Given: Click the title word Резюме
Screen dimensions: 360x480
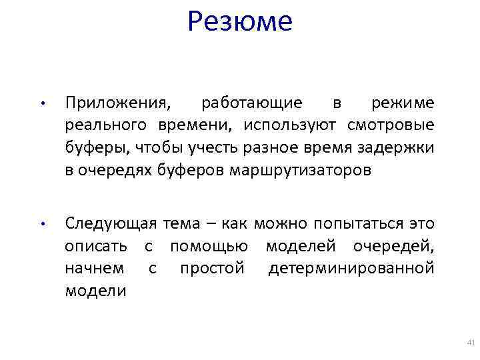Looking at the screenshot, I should click(x=240, y=21).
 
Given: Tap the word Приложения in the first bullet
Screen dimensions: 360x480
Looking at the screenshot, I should click(x=117, y=103).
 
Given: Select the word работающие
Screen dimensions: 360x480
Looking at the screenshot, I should click(x=251, y=103).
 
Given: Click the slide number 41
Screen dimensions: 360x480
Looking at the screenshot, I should click(x=470, y=343).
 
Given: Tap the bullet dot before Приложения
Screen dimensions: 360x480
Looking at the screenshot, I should click(x=41, y=105).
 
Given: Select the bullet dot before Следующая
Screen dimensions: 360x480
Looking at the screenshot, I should click(x=41, y=225).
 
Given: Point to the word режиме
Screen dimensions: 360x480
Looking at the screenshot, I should click(x=403, y=103).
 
